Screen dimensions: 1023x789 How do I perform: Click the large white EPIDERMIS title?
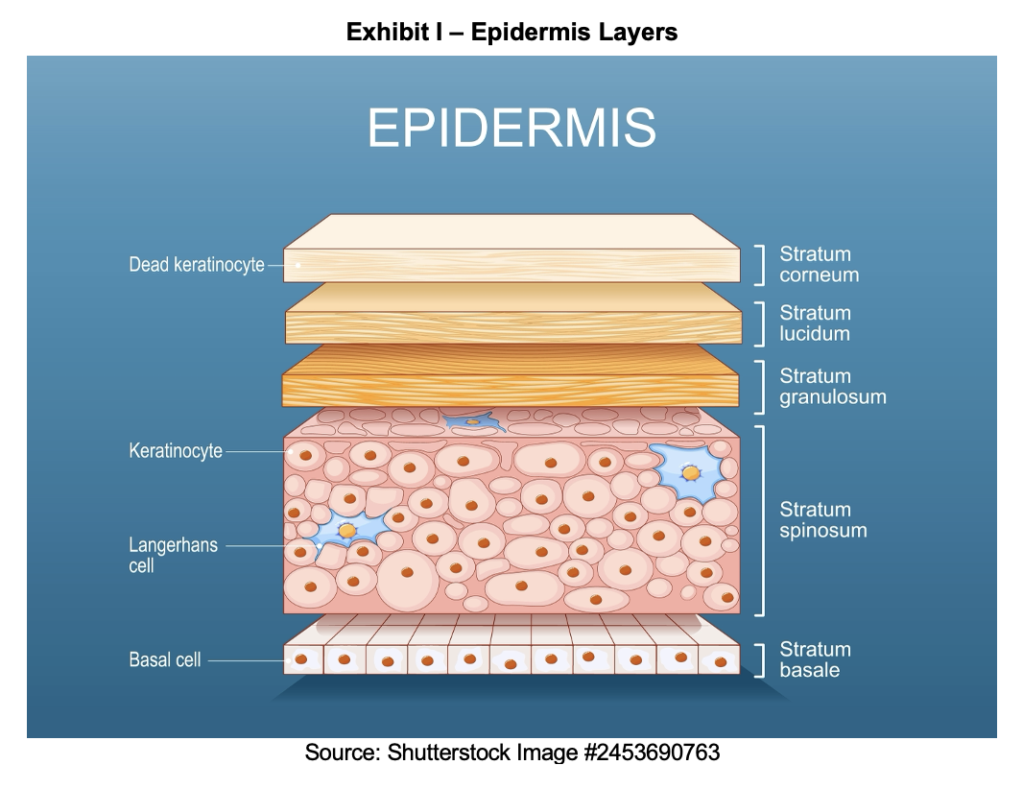point(511,128)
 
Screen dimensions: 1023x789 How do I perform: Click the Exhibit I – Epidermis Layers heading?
point(511,32)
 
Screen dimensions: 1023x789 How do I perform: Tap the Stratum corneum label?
point(819,264)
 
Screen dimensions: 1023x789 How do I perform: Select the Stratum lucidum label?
point(815,323)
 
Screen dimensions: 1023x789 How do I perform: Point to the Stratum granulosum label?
point(832,387)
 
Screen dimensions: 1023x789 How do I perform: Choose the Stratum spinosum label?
point(822,519)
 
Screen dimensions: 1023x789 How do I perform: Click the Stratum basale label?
point(815,659)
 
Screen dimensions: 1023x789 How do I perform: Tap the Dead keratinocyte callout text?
point(197,264)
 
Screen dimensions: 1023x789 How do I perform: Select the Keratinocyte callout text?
point(176,450)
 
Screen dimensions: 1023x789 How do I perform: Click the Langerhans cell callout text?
point(173,555)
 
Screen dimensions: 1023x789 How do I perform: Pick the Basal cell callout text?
point(164,659)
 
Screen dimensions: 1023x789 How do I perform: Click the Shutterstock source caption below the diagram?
point(512,753)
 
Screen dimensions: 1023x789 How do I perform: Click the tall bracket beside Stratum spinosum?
point(762,521)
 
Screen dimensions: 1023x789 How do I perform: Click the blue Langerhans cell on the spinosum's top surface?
point(474,421)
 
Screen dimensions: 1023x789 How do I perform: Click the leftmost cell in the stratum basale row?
point(303,659)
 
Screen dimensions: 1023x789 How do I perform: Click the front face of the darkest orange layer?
point(511,391)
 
